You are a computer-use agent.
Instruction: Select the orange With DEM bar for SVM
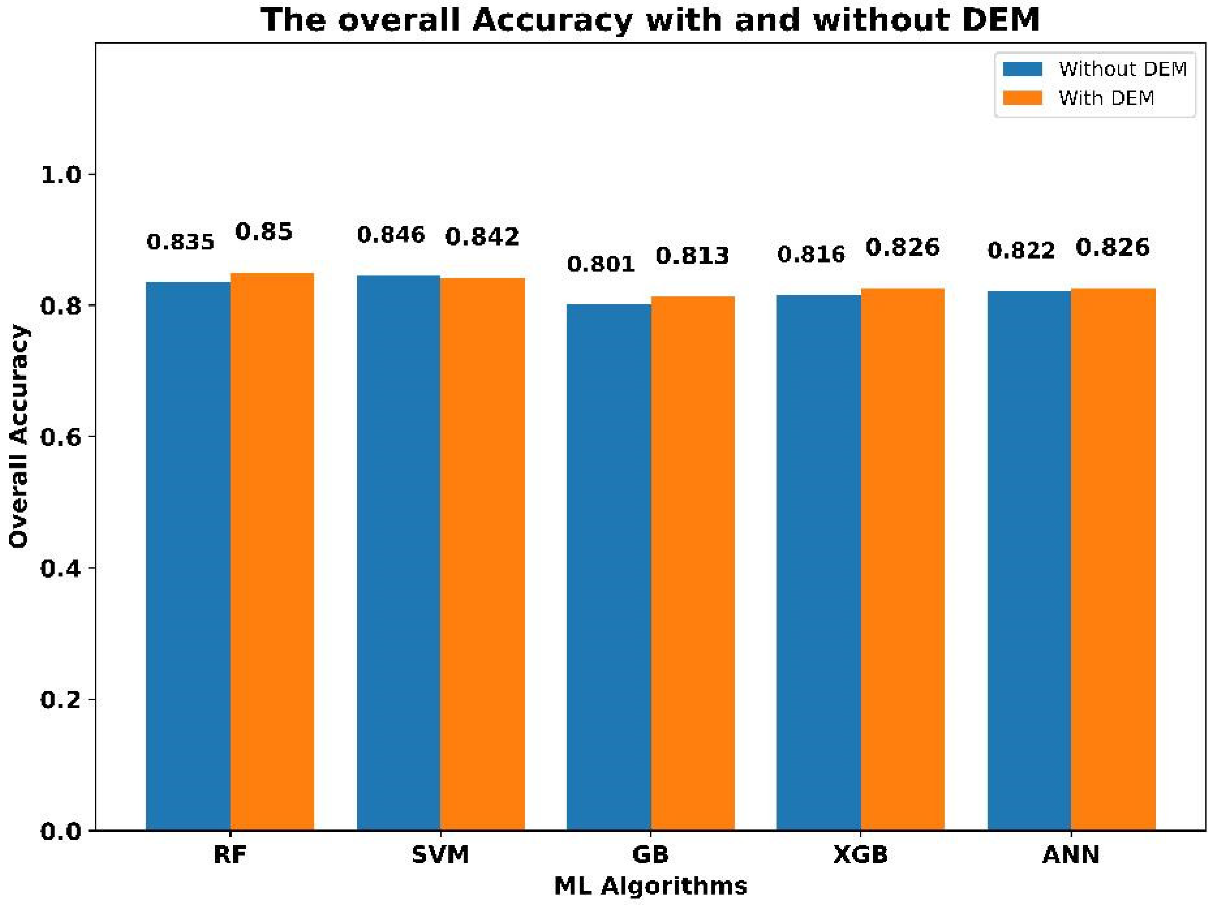click(x=482, y=553)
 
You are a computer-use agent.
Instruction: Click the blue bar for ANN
click(x=1029, y=560)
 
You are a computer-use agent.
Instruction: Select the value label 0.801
click(x=601, y=264)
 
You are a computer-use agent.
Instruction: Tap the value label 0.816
click(x=811, y=254)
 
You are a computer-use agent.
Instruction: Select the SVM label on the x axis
click(x=440, y=855)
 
